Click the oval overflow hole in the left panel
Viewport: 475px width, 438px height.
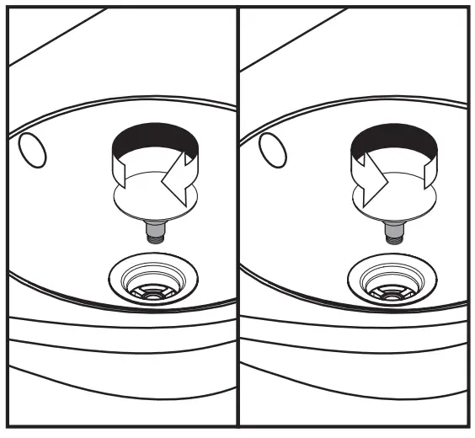pyautogui.click(x=31, y=150)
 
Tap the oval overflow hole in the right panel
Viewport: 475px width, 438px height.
pyautogui.click(x=271, y=150)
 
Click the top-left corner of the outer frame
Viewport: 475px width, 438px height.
pyautogui.click(x=7, y=8)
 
